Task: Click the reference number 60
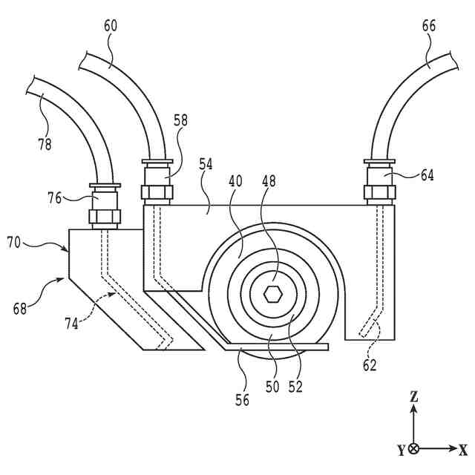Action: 110,26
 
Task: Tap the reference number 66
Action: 429,26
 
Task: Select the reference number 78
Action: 45,144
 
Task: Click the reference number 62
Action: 370,364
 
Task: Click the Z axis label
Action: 414,397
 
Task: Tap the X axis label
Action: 463,450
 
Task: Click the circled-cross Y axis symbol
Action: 414,449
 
